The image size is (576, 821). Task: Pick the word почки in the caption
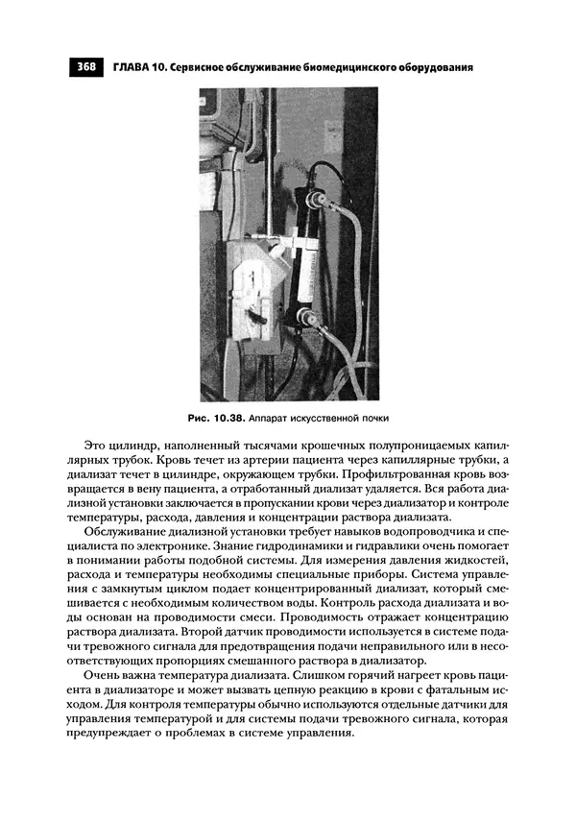pyautogui.click(x=374, y=420)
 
